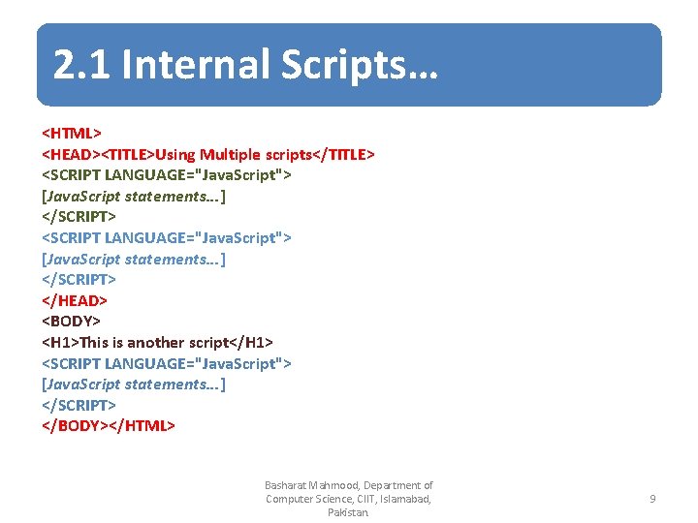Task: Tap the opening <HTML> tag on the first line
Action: click(x=72, y=133)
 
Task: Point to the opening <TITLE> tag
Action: click(x=129, y=154)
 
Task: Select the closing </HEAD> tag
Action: click(x=75, y=300)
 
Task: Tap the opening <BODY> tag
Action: click(x=71, y=321)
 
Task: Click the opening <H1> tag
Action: click(x=60, y=342)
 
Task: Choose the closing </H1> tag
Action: click(x=254, y=342)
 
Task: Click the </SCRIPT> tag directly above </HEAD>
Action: click(x=79, y=279)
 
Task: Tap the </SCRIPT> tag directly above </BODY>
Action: click(x=79, y=405)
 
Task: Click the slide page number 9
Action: click(x=651, y=499)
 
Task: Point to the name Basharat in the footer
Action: click(x=285, y=485)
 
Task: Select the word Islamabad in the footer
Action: click(x=400, y=499)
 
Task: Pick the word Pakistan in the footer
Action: click(x=348, y=512)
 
